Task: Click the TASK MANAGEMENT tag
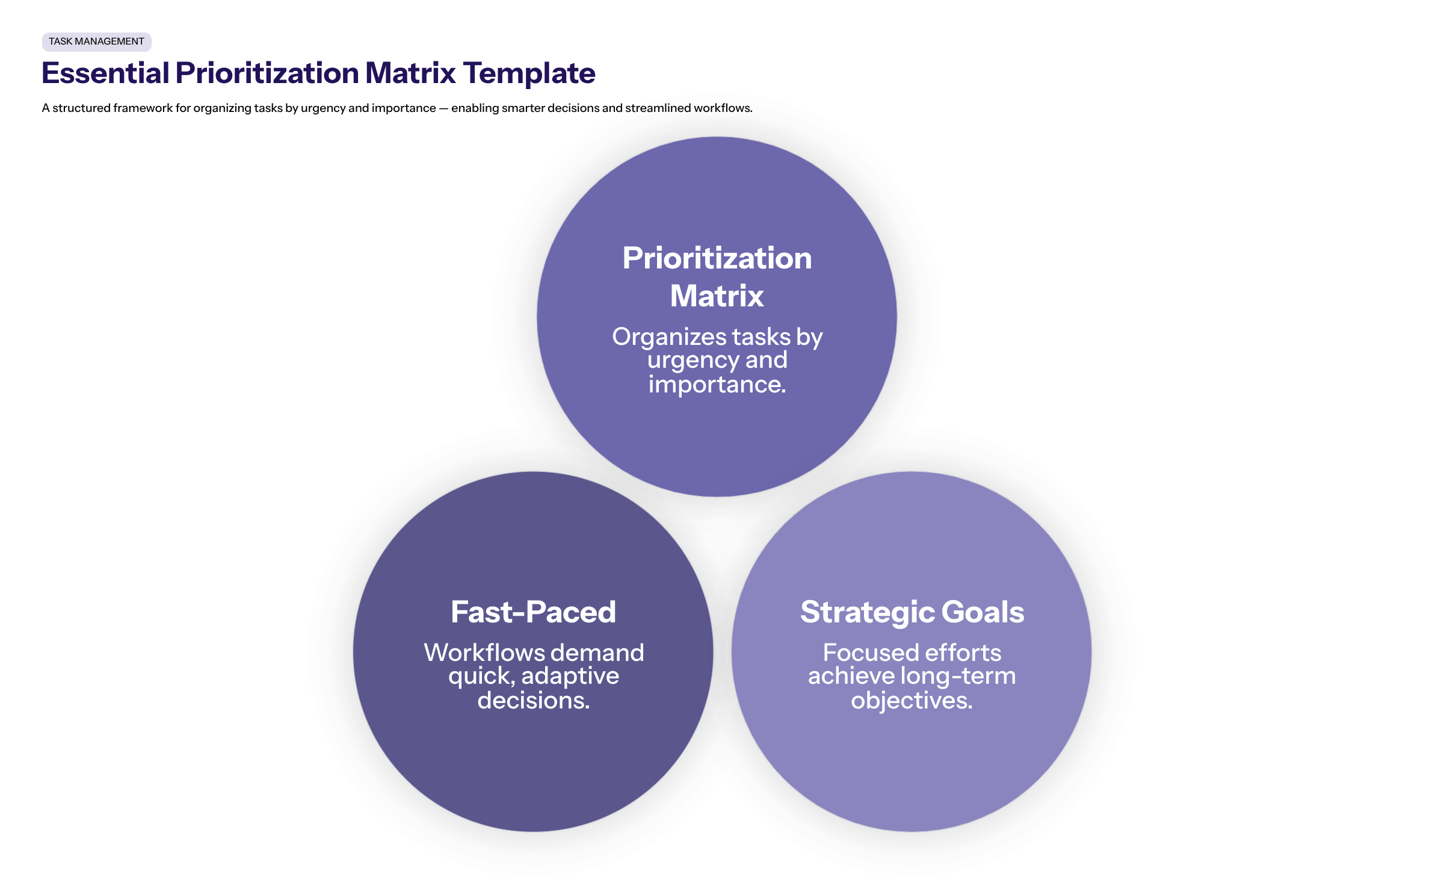[x=96, y=42]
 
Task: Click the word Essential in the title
[x=105, y=73]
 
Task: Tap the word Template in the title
[x=529, y=73]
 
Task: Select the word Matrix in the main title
[x=410, y=73]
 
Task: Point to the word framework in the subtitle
[x=143, y=108]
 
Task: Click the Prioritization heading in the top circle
[x=717, y=258]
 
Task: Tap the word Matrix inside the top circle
[x=717, y=296]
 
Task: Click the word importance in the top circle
[x=717, y=385]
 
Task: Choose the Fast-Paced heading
[x=533, y=612]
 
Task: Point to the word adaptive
[x=570, y=677]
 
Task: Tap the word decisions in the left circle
[x=532, y=701]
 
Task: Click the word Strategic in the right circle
[x=866, y=613]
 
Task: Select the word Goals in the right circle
[x=983, y=612]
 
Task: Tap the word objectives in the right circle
[x=911, y=701]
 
